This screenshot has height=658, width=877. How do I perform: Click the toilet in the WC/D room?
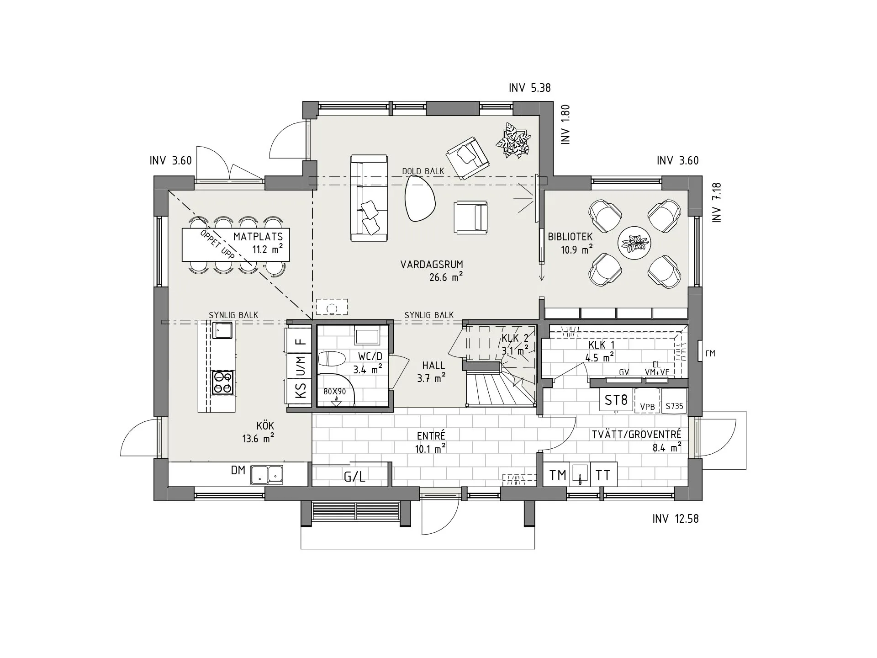tap(331, 359)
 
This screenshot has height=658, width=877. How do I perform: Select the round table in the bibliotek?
tap(634, 243)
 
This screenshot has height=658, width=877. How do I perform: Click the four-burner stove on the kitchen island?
tap(223, 382)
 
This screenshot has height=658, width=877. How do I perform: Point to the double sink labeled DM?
tap(266, 475)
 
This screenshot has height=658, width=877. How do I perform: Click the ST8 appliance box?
tap(616, 400)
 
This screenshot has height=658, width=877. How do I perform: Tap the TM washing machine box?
tap(557, 476)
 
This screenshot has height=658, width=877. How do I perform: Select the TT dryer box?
tap(603, 476)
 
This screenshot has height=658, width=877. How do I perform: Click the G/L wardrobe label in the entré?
tap(354, 477)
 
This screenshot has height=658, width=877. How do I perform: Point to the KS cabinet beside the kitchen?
tap(300, 392)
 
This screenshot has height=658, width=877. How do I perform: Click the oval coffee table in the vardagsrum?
tap(420, 199)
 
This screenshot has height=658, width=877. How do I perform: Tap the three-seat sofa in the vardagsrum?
tap(369, 198)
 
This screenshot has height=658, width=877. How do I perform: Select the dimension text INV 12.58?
tap(675, 519)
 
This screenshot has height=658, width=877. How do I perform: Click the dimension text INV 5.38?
tap(529, 88)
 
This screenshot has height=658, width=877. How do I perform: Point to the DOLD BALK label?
tap(423, 171)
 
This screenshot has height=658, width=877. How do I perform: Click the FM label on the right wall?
tap(710, 353)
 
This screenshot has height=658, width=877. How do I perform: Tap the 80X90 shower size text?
tap(334, 392)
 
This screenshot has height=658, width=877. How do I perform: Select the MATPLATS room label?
tap(258, 237)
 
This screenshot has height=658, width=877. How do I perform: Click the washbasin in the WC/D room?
tap(367, 336)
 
